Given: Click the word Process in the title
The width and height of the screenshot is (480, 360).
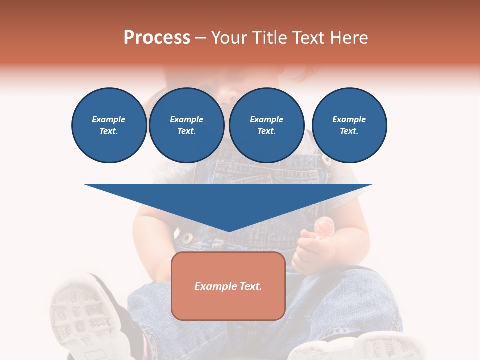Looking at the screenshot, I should pos(157,38).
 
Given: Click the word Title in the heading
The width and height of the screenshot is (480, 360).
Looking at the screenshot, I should pos(268,38).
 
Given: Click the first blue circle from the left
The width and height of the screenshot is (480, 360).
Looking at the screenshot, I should pos(109,125).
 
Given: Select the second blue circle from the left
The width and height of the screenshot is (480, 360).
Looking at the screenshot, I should pos(186,125).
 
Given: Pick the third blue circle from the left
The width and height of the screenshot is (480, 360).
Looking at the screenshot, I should pos(266,125).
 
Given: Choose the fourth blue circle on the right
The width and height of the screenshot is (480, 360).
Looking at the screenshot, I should pos(349,125).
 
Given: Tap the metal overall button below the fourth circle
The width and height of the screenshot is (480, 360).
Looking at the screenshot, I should pos(326,160).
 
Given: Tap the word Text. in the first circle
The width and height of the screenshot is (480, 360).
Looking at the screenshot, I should pos(109,131).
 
